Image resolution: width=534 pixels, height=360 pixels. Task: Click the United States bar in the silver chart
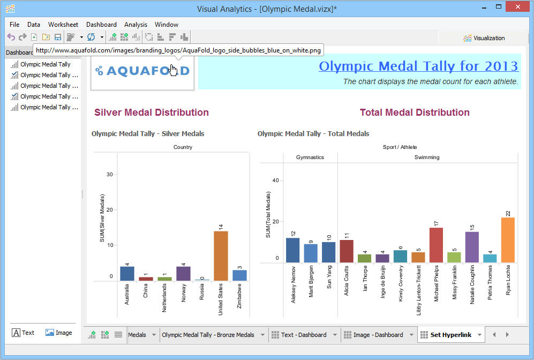221,256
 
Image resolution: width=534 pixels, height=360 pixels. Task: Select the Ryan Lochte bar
507,240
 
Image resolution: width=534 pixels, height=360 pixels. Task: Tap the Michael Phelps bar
436,245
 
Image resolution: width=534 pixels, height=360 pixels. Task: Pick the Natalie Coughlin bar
472,247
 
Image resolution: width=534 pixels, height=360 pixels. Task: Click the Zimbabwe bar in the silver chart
239,275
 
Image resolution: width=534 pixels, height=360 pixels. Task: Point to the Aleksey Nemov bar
292,250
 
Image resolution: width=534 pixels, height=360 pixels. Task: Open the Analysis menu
136,25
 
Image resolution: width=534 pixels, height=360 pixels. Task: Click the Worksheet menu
63,25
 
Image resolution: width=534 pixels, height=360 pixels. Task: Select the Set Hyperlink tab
450,335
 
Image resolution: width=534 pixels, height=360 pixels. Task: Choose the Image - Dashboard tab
378,335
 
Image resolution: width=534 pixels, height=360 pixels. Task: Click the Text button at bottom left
23,333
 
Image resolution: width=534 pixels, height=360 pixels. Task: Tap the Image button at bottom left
58,333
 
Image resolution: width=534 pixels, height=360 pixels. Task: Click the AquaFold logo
142,71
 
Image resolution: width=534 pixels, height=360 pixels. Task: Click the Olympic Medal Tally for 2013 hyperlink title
418,66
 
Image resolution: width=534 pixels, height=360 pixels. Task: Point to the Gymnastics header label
310,157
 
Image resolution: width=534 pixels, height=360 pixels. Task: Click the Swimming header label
427,157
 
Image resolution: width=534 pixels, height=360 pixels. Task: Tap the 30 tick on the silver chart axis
109,175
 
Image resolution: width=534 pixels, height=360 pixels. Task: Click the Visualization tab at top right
484,38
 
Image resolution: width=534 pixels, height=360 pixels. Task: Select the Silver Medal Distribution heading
152,112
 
